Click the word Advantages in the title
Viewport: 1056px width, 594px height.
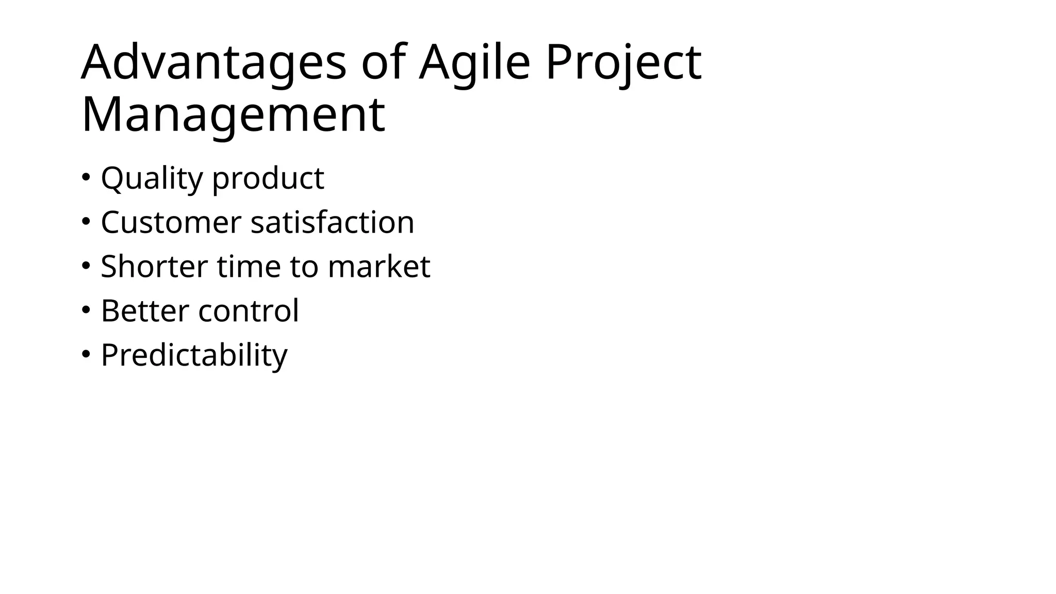(x=213, y=63)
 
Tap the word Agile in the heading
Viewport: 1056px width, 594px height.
(x=474, y=63)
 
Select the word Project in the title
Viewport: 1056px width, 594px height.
(x=623, y=63)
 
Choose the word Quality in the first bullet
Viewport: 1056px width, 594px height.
(x=152, y=178)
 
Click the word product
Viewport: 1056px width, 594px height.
(x=268, y=178)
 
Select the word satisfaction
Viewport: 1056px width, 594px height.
(x=333, y=222)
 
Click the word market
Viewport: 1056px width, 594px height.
(x=379, y=267)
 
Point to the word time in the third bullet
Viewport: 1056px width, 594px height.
(x=249, y=267)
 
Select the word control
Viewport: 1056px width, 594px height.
(x=249, y=311)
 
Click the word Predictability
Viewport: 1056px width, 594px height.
(x=194, y=355)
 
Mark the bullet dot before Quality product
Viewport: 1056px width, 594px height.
(x=86, y=177)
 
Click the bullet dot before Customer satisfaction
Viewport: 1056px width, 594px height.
(x=86, y=221)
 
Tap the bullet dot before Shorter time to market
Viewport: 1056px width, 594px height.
(x=86, y=266)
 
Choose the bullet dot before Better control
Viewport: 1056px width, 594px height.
(x=86, y=310)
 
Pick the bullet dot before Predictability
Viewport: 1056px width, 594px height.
(x=86, y=354)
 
